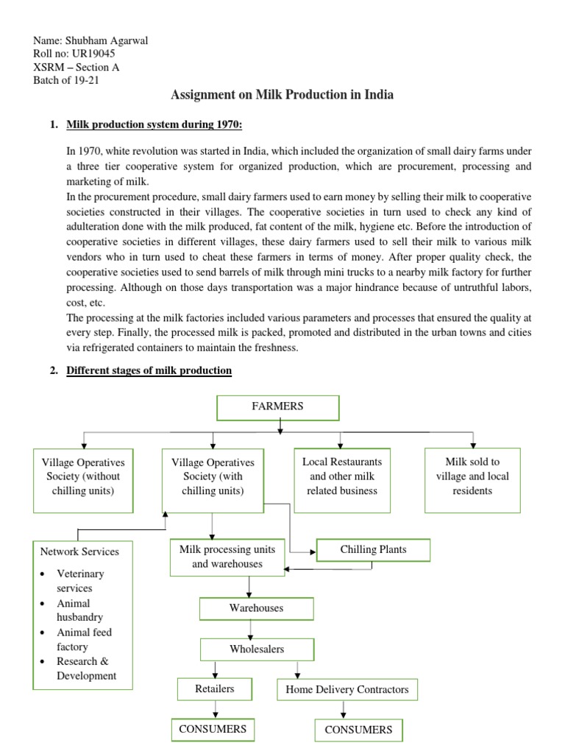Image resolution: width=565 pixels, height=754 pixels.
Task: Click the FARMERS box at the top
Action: tap(277, 406)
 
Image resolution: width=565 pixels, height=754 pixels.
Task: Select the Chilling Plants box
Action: tap(373, 550)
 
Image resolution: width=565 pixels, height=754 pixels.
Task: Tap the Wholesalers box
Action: tap(257, 649)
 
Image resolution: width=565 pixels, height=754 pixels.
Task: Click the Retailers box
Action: tap(215, 689)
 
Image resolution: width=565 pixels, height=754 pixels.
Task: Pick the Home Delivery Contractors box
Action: tap(347, 690)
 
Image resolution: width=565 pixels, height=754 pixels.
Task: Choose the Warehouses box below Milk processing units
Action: tap(256, 609)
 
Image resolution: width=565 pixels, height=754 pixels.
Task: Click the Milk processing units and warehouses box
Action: tap(223, 557)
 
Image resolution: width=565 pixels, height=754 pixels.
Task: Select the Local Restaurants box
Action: tap(342, 476)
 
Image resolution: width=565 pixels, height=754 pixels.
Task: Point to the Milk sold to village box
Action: tap(472, 476)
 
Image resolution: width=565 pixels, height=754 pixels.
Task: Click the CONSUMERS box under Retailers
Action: tap(213, 729)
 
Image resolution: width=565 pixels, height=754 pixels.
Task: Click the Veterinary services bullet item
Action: tap(80, 581)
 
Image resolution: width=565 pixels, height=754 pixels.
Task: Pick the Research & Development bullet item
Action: tap(86, 669)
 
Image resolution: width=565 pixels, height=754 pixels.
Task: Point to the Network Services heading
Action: tap(79, 552)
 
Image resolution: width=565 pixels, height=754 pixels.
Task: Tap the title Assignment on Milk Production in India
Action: tap(282, 95)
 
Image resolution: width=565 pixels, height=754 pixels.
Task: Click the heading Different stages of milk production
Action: tap(149, 370)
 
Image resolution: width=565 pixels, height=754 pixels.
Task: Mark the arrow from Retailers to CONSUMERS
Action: tap(216, 709)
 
